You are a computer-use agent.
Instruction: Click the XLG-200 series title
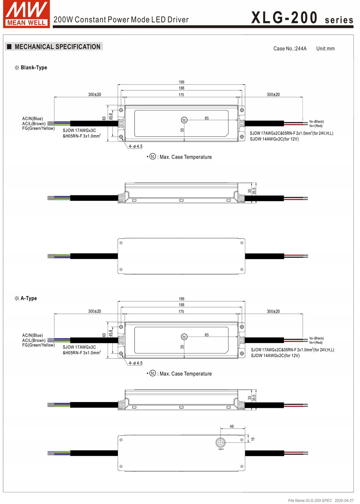[302, 18]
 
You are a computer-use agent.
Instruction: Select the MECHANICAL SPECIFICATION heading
[57, 47]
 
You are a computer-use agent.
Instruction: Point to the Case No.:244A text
[290, 49]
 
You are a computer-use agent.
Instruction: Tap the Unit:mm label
[325, 49]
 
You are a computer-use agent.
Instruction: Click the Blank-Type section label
[33, 68]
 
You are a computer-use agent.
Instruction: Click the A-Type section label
[28, 298]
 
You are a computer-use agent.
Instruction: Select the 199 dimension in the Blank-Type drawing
[181, 82]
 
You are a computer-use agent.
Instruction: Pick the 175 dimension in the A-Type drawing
[181, 312]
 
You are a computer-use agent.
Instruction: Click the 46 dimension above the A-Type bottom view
[231, 427]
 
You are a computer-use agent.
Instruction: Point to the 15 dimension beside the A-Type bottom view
[253, 439]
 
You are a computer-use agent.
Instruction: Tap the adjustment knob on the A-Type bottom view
[220, 442]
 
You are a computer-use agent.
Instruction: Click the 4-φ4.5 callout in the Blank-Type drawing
[135, 147]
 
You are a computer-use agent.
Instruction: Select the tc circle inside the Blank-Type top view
[184, 120]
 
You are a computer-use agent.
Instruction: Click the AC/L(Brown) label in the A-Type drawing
[34, 341]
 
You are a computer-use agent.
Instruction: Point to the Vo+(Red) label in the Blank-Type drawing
[316, 126]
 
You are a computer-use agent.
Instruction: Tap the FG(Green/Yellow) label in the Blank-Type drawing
[38, 129]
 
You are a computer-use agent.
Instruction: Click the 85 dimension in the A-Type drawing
[207, 335]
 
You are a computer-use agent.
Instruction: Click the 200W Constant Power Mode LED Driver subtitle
[121, 20]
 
